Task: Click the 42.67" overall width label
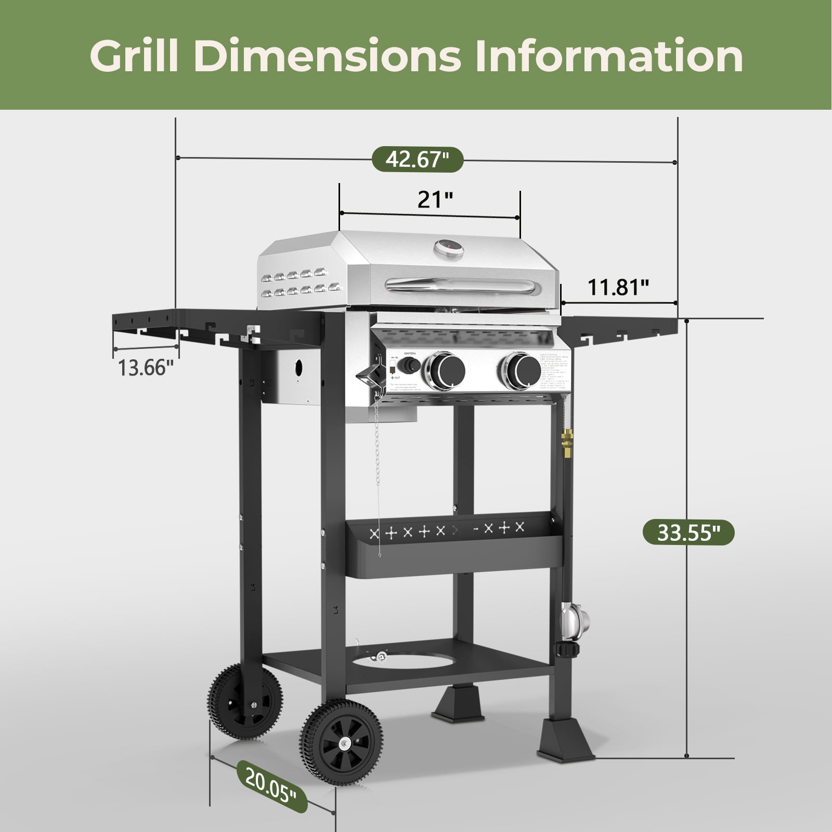417,159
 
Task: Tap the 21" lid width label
435,199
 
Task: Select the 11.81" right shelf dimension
618,287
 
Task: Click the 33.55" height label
688,532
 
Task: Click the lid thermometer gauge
449,248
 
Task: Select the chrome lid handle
459,284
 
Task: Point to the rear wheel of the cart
245,701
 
